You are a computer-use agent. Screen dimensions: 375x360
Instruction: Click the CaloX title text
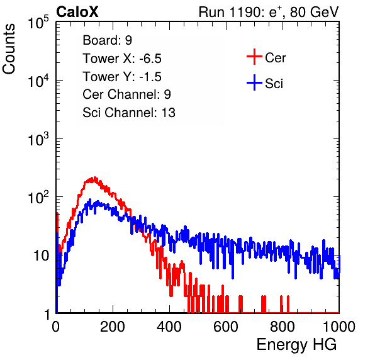click(x=77, y=12)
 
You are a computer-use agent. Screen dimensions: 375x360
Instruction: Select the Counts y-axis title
click(x=9, y=49)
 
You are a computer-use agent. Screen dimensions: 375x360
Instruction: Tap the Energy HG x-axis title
click(x=296, y=344)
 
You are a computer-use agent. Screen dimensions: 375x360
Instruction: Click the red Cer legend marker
click(x=254, y=57)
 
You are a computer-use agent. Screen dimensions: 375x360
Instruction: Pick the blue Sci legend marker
click(x=254, y=82)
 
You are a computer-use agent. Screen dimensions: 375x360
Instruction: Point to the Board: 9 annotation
click(x=108, y=40)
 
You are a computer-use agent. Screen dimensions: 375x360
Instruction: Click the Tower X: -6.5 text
click(x=122, y=59)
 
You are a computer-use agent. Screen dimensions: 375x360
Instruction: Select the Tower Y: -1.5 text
click(x=122, y=77)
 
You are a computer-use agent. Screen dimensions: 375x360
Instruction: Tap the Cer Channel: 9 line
click(x=126, y=94)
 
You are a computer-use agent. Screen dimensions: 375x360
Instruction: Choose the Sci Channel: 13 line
click(x=129, y=113)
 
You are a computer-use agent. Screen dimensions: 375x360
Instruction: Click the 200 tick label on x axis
click(x=113, y=327)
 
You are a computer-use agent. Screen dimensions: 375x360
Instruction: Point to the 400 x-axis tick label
click(x=169, y=327)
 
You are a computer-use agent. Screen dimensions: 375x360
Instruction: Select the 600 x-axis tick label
click(x=226, y=327)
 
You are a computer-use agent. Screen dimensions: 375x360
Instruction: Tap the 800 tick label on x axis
click(x=283, y=327)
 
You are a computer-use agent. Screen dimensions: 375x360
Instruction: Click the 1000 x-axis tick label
click(x=339, y=327)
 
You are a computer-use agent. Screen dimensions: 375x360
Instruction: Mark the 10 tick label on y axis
click(x=41, y=256)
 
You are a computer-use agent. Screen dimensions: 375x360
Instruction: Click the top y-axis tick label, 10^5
click(x=38, y=23)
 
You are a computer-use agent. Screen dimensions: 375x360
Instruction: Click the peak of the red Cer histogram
click(x=95, y=177)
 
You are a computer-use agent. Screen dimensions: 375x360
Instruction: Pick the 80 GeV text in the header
click(x=315, y=12)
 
